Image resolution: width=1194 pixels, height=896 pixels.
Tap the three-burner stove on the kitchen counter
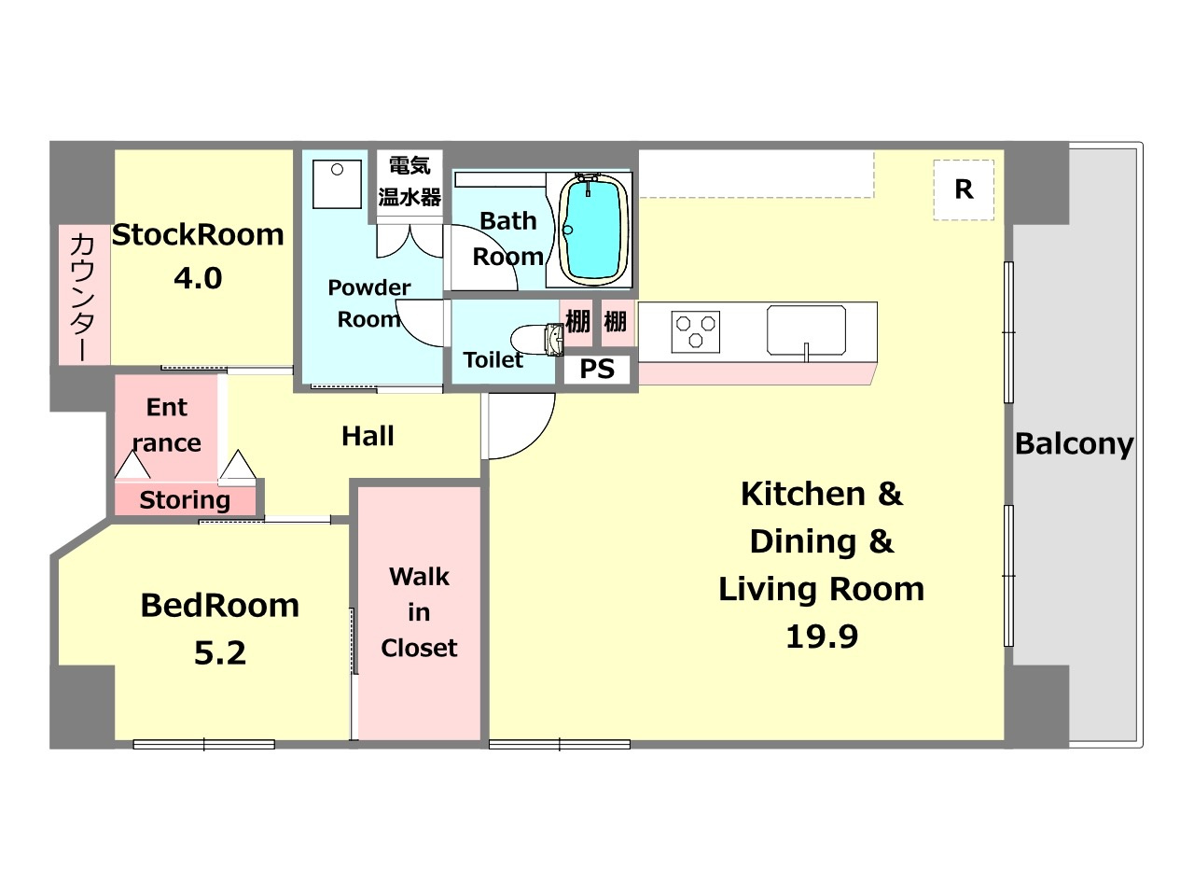click(695, 330)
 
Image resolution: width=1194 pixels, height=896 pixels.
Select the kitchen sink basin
click(806, 330)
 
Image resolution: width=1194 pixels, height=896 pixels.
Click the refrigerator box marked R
click(964, 189)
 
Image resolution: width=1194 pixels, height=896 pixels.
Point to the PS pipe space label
click(597, 369)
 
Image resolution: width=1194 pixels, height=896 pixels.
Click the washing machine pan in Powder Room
click(337, 184)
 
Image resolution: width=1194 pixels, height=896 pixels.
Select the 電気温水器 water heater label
click(410, 182)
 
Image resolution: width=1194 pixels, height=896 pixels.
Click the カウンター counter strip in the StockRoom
click(84, 294)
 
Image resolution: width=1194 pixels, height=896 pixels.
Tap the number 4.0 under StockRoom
click(198, 278)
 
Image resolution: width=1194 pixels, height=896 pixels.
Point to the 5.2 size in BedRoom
click(220, 653)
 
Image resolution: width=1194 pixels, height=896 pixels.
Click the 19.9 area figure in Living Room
click(822, 636)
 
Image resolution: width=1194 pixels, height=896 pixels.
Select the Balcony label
click(1075, 444)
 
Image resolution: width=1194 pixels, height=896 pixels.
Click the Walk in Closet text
click(419, 612)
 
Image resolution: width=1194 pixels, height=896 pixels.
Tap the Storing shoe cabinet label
click(185, 500)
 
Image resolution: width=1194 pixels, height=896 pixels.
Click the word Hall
click(368, 436)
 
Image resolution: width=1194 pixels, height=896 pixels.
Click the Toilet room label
click(493, 359)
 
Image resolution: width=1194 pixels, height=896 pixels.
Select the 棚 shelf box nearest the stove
click(617, 323)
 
